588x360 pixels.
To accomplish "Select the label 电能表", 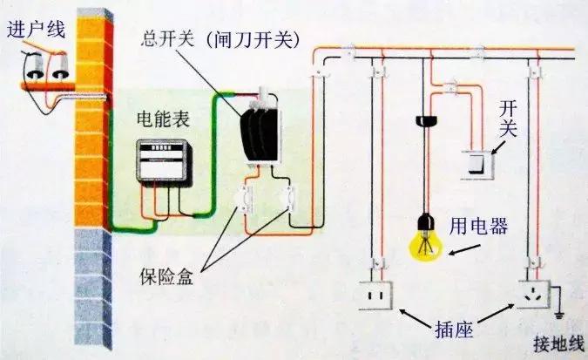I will pos(159,119).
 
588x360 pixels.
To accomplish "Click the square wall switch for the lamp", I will pos(477,162).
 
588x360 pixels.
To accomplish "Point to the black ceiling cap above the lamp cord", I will pos(428,120).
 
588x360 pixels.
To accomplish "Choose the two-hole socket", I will pos(376,295).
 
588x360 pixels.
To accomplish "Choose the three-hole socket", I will pos(535,295).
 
